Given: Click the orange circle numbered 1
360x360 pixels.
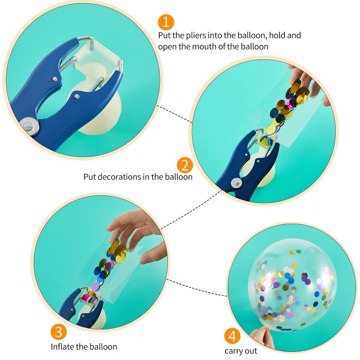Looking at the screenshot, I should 166,22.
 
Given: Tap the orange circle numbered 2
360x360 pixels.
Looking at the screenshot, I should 184,165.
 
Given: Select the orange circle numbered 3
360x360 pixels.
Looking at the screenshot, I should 59,332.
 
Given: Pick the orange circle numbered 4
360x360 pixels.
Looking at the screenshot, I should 232,336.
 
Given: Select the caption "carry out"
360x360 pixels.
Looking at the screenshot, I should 241,351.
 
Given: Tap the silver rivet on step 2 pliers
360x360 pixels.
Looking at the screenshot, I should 235,182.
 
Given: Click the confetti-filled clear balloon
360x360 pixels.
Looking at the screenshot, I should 292,288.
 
